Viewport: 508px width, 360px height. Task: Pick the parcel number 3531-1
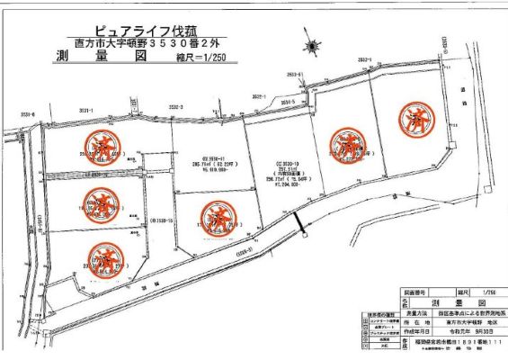(x=86, y=110)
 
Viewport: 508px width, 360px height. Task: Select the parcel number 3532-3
(x=175, y=107)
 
